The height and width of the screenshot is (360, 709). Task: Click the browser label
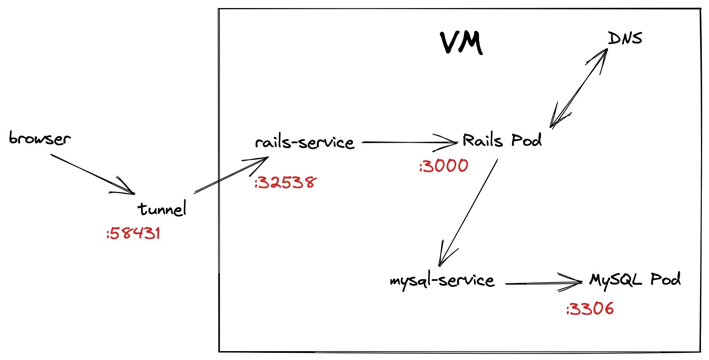[40, 138]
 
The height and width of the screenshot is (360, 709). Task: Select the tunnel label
[162, 208]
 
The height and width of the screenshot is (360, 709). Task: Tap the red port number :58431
[133, 233]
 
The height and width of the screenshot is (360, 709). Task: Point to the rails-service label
[304, 142]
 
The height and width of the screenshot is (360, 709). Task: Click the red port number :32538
[285, 183]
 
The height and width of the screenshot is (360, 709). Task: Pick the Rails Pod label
[502, 140]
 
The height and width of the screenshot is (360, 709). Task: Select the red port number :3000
[444, 166]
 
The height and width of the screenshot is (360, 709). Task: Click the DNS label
[625, 39]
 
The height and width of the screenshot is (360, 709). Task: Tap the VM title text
[461, 43]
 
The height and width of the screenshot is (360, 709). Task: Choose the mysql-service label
[442, 280]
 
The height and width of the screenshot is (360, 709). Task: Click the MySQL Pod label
[635, 279]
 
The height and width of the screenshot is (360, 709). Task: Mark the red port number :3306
[590, 309]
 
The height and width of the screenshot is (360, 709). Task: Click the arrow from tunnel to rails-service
[231, 175]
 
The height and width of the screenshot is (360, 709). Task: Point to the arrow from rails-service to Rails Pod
[408, 142]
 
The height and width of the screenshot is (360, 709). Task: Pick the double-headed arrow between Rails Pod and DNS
[579, 88]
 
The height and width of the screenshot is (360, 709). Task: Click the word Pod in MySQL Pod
[665, 279]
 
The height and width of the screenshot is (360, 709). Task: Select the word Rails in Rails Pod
[483, 140]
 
